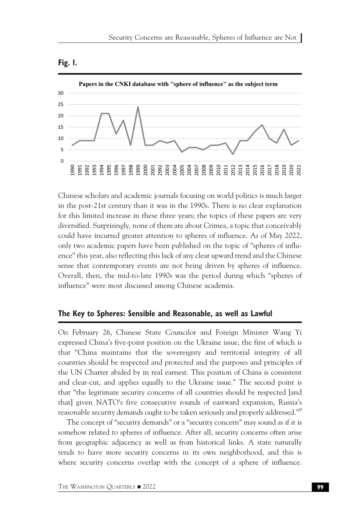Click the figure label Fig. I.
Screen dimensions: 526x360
pyautogui.click(x=67, y=63)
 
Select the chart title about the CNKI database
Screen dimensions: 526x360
pyautogui.click(x=178, y=84)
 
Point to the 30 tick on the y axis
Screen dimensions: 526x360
pyautogui.click(x=61, y=93)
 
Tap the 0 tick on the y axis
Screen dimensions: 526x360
pyautogui.click(x=62, y=161)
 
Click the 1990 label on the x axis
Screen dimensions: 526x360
pyautogui.click(x=72, y=170)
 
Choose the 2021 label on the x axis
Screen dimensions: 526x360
pyautogui.click(x=299, y=170)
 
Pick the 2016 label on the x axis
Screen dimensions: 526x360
pyautogui.click(x=262, y=170)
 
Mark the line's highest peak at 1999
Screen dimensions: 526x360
pyautogui.click(x=138, y=107)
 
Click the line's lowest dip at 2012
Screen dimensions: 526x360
pyautogui.click(x=233, y=154)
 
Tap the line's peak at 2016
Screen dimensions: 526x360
pyautogui.click(x=262, y=125)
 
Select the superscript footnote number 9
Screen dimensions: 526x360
pyautogui.click(x=300, y=410)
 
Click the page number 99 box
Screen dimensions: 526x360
pyautogui.click(x=320, y=487)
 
